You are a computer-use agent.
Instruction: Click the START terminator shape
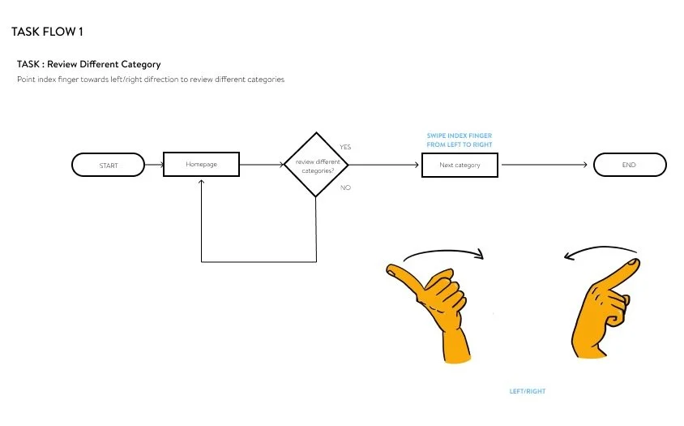click(109, 166)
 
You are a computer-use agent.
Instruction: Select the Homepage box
click(201, 165)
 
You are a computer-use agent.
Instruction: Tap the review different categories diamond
click(315, 165)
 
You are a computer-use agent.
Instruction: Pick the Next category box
click(460, 165)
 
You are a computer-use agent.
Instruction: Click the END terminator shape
click(630, 165)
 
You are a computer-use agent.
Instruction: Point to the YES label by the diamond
click(345, 147)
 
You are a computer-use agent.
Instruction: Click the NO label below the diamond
click(344, 187)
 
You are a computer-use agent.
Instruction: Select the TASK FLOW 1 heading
click(47, 32)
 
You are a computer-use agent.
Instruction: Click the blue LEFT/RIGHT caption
click(527, 391)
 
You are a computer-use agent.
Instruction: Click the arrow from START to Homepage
click(154, 166)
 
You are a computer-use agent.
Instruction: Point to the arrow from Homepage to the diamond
click(261, 165)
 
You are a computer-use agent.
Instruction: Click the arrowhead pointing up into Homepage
click(201, 182)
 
